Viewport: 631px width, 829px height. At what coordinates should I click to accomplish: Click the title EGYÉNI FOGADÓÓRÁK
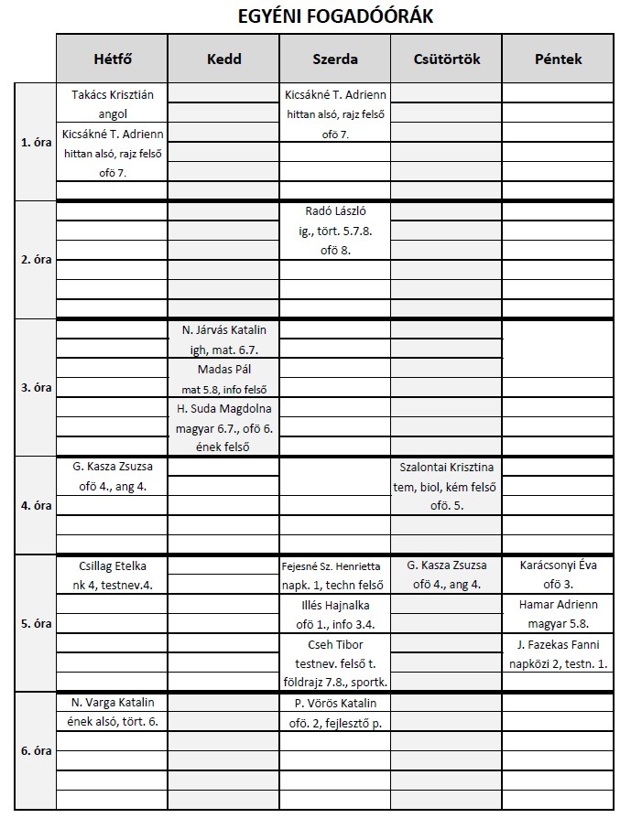335,16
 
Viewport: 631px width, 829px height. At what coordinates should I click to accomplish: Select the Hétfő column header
112,59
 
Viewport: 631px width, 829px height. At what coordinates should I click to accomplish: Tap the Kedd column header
223,59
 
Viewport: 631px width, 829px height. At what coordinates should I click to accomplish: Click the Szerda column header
335,59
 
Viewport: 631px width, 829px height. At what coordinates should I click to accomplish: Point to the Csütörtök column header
447,59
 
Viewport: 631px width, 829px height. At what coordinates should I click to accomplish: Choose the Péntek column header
558,59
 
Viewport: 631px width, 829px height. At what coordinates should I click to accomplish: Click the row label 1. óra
36,143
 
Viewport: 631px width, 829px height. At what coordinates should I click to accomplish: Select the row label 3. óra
36,387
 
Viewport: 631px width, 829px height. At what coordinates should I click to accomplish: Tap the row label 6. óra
36,750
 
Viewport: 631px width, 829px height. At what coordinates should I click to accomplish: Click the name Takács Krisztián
112,94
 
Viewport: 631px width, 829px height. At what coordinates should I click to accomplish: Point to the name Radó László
335,210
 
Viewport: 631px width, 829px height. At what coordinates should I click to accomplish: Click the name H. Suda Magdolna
223,408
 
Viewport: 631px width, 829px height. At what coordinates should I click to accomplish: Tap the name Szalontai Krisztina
447,467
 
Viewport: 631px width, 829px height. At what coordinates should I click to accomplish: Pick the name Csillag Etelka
112,565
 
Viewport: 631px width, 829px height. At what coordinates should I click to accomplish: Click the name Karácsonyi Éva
558,565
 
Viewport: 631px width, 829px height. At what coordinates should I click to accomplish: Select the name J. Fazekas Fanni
558,644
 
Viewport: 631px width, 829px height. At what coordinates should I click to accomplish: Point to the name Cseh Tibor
335,644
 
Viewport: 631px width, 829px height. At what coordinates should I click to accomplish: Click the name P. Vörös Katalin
335,704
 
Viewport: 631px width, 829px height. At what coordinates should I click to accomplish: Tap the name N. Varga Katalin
112,703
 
